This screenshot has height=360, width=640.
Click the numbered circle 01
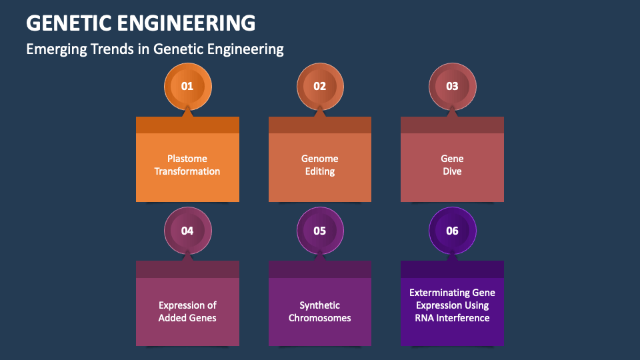[187, 87]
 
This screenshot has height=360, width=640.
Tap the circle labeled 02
[320, 87]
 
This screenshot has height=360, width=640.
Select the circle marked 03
[452, 87]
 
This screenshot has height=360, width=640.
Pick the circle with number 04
[187, 231]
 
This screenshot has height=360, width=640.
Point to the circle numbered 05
[320, 231]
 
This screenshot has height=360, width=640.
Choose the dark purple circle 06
[452, 231]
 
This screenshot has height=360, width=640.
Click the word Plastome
[187, 159]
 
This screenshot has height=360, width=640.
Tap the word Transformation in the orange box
[187, 171]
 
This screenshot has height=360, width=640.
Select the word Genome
[320, 159]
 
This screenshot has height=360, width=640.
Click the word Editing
[320, 171]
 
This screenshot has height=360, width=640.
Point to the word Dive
[452, 171]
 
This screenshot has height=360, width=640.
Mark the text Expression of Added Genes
[187, 311]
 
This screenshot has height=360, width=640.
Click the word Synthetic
[320, 305]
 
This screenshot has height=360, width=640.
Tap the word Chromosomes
[320, 318]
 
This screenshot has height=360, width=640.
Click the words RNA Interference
[452, 318]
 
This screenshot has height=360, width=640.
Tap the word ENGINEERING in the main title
[187, 23]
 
